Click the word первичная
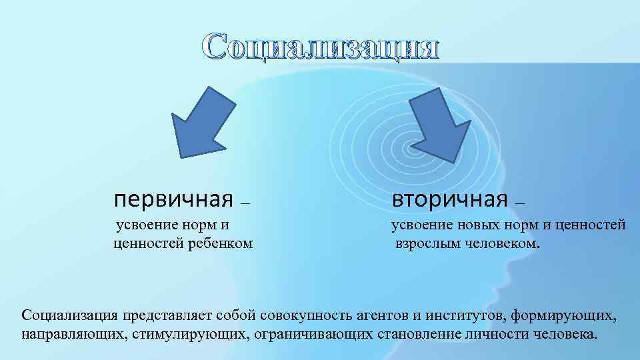(x=173, y=199)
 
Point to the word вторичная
(x=450, y=199)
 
